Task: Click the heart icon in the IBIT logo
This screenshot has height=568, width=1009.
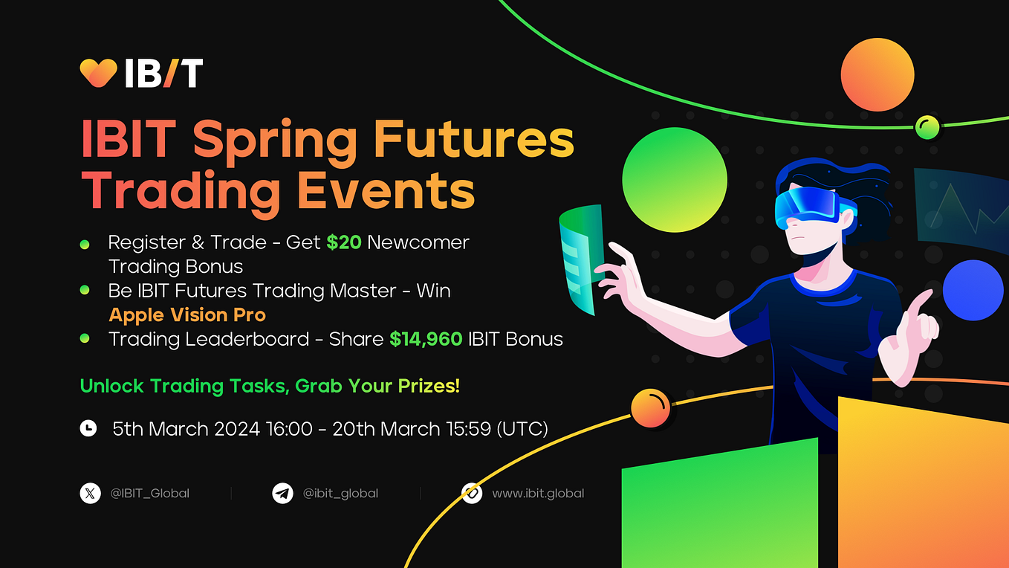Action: click(x=98, y=73)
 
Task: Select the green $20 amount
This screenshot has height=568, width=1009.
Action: click(x=343, y=242)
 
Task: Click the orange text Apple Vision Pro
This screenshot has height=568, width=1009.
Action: click(x=187, y=314)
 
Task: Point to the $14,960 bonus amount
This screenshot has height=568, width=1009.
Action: click(x=426, y=339)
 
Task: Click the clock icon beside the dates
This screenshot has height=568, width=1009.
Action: click(x=88, y=428)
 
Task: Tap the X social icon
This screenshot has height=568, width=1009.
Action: click(x=90, y=493)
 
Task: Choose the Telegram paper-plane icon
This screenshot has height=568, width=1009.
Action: click(x=282, y=493)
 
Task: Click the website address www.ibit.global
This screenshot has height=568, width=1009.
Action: click(x=538, y=493)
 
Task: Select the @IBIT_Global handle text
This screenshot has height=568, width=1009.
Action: click(x=149, y=493)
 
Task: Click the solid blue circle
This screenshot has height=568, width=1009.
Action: click(x=973, y=290)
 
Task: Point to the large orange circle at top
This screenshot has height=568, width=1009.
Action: click(x=877, y=75)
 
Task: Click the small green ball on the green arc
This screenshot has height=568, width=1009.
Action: click(x=927, y=128)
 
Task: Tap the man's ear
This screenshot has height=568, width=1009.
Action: click(x=846, y=219)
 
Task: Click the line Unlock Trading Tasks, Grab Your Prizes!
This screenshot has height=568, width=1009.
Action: click(x=270, y=386)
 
